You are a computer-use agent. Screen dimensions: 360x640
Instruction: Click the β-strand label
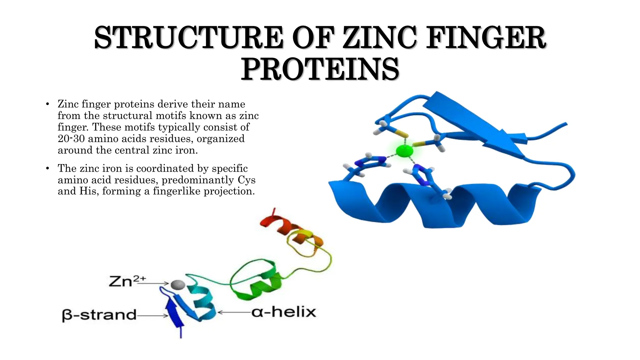pyautogui.click(x=99, y=315)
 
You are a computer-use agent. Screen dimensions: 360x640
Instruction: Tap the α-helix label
pyautogui.click(x=284, y=312)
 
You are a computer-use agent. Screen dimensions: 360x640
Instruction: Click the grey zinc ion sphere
pyautogui.click(x=178, y=284)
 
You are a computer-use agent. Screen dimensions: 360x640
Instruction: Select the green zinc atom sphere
pyautogui.click(x=404, y=151)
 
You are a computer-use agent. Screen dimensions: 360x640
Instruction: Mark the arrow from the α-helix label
pyautogui.click(x=234, y=312)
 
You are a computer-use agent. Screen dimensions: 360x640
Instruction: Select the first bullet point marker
pyautogui.click(x=47, y=104)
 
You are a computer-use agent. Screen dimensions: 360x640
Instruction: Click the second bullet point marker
pyautogui.click(x=47, y=168)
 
